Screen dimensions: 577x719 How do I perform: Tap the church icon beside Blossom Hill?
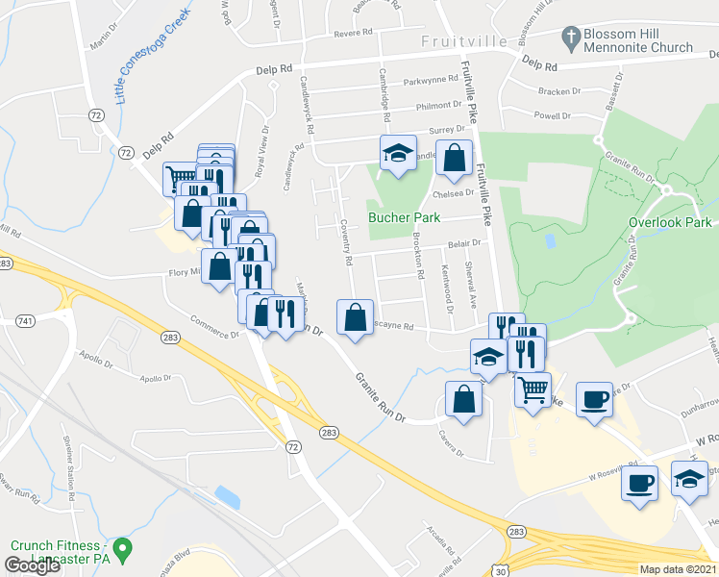[x=569, y=38]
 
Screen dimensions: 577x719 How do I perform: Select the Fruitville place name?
[x=462, y=42]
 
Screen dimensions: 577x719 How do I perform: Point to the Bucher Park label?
[x=404, y=217]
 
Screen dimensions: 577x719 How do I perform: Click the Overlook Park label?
[x=670, y=222]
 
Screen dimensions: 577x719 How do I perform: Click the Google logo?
[x=32, y=565]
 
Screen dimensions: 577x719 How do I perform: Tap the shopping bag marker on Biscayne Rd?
[x=355, y=315]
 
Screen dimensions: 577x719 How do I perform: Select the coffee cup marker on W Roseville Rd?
[x=638, y=483]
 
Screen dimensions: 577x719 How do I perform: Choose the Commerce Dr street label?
[x=213, y=327]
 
